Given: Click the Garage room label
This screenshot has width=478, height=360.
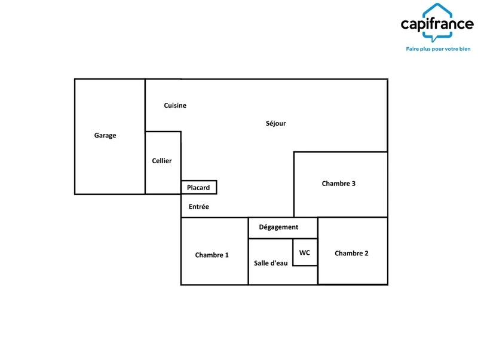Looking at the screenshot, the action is (105, 136).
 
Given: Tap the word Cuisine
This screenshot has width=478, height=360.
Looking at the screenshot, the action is (175, 105).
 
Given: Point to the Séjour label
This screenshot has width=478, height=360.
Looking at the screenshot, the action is (275, 123).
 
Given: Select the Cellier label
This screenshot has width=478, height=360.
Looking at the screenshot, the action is (161, 161).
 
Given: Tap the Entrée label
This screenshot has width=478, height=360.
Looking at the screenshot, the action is (199, 206).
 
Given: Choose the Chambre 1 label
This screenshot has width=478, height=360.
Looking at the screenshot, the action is (212, 255).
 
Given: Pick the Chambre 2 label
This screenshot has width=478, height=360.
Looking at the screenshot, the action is (351, 253).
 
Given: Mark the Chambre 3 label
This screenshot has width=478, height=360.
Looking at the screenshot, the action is (339, 184).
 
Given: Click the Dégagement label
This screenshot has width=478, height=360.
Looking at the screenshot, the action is (278, 227).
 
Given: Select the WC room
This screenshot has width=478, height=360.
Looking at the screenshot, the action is (305, 252).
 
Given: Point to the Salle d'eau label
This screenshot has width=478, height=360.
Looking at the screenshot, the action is (271, 263).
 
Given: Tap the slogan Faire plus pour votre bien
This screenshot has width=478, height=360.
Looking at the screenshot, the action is (438, 49).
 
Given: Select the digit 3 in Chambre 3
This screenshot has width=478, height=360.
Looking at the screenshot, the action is (354, 184).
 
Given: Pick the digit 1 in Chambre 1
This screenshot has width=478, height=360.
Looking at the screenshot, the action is (227, 255).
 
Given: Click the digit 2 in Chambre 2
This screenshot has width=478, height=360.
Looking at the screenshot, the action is (366, 253).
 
